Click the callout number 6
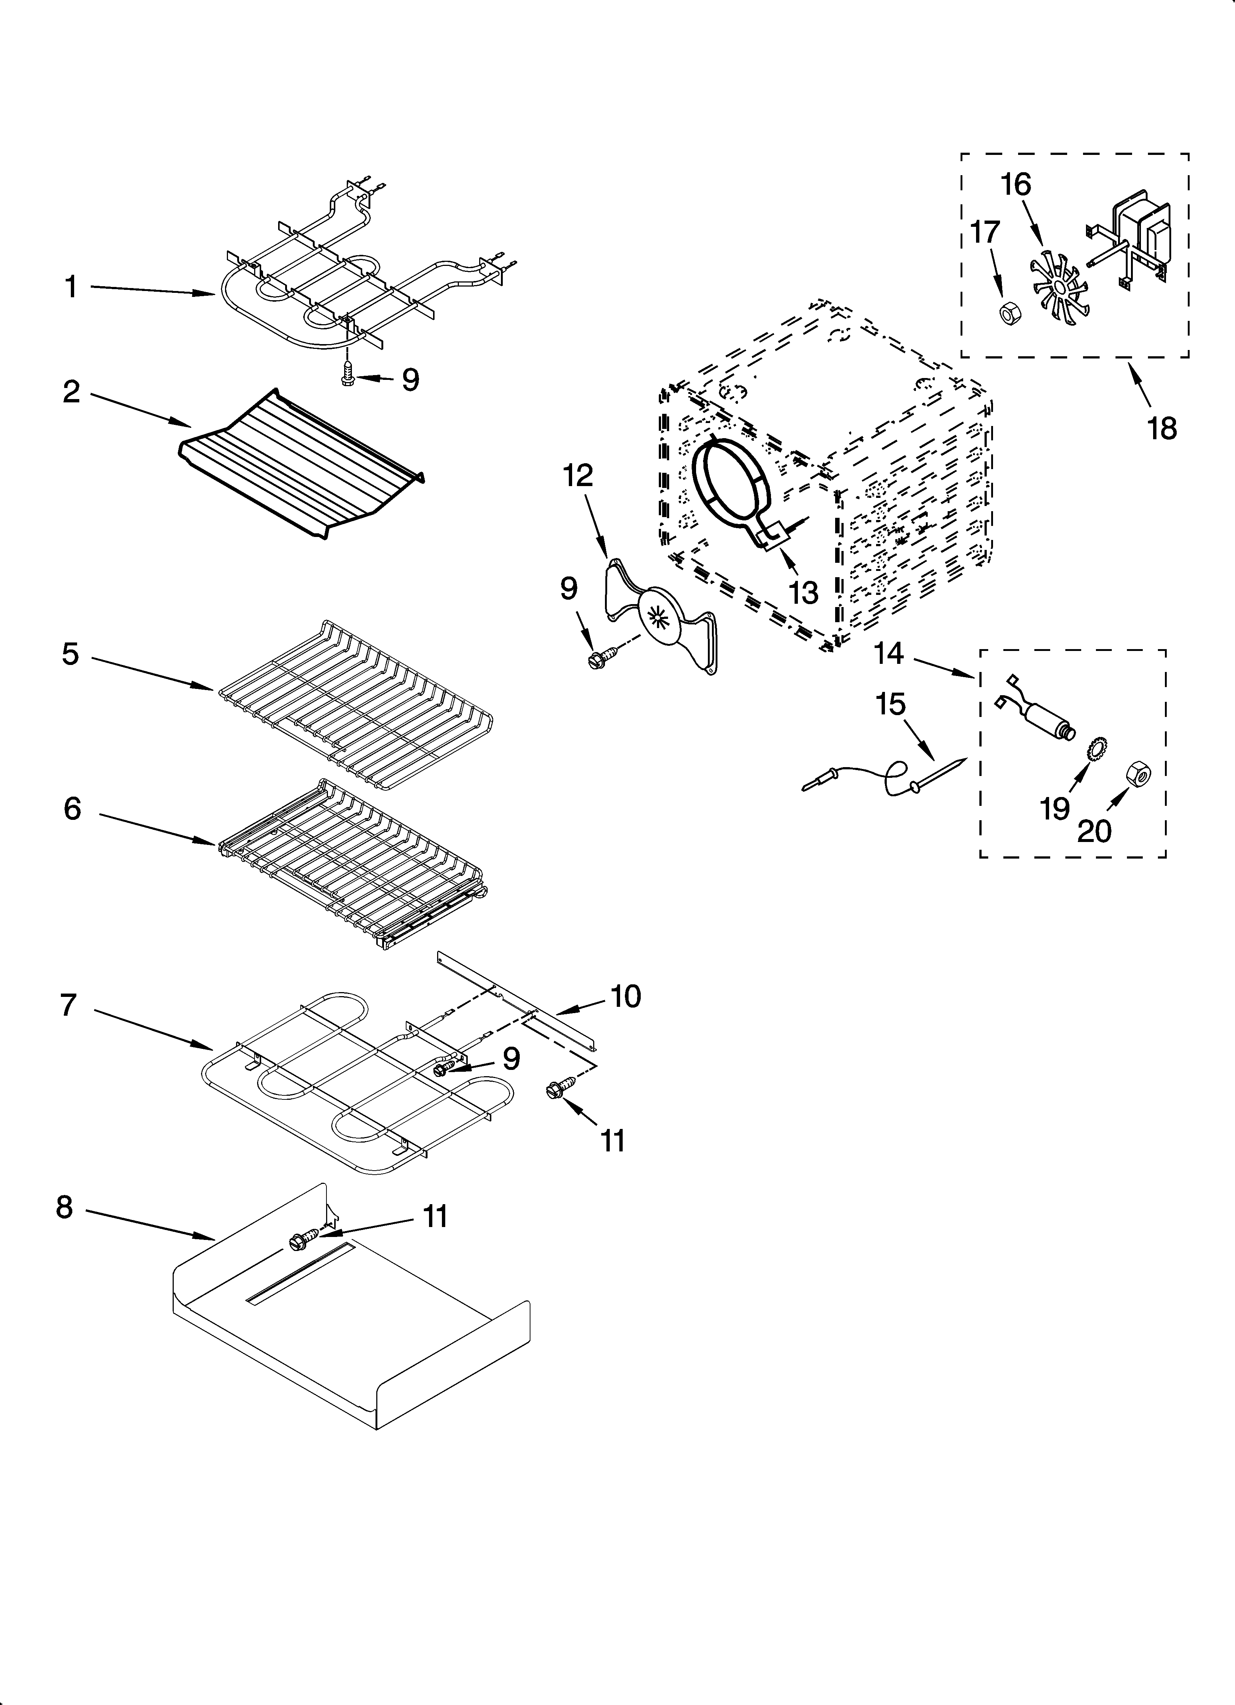(x=72, y=809)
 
